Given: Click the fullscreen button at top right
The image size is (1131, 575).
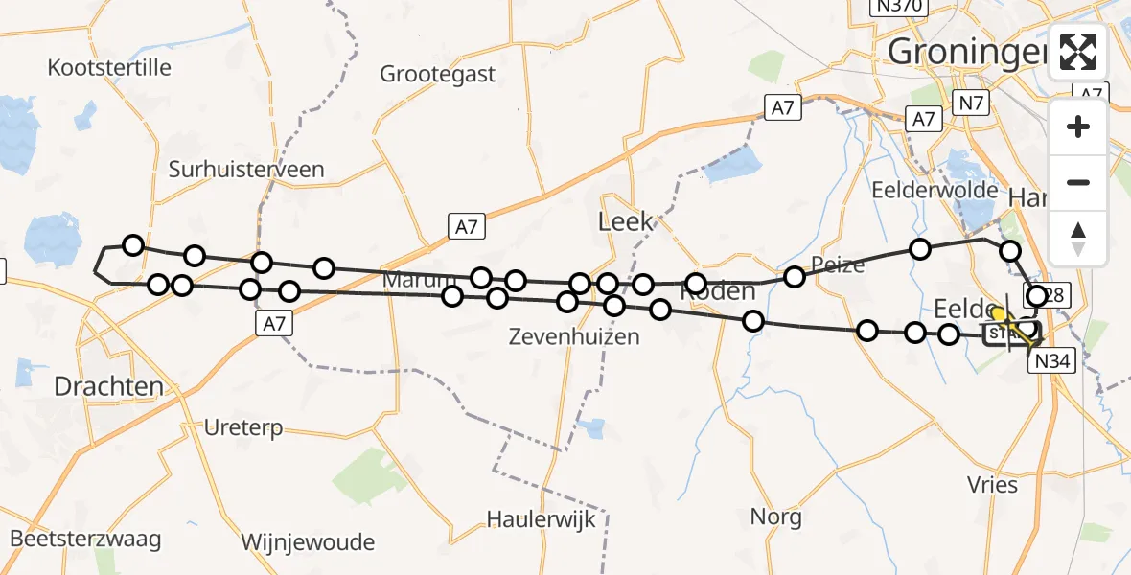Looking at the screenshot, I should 1078,52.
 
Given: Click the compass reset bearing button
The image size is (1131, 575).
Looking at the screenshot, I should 1078,238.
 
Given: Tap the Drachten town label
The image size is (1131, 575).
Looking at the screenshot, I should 108,387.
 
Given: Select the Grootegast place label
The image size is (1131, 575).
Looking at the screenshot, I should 437,74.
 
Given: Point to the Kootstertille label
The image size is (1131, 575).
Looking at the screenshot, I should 109,67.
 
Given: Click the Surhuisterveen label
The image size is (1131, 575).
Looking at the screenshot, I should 246,170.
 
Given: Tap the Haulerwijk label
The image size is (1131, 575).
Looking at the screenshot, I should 542,519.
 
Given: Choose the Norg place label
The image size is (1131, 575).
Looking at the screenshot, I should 776,517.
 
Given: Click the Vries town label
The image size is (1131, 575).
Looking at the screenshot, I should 993,484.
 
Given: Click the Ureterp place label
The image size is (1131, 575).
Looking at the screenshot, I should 243,427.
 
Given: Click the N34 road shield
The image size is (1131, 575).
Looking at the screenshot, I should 1052,361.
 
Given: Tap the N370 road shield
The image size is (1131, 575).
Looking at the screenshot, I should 898,7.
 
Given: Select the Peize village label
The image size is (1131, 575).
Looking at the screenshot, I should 838,264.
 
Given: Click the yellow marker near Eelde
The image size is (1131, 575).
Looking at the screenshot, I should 998,313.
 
